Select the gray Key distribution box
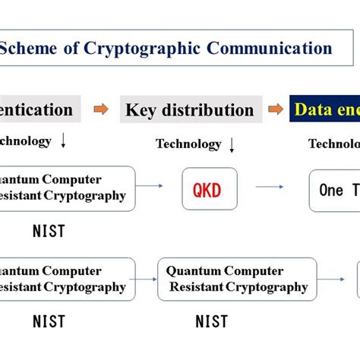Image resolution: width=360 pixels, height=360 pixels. click(x=190, y=110)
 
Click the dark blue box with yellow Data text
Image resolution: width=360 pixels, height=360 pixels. click(x=324, y=110)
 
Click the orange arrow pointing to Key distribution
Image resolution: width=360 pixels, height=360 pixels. click(x=101, y=110)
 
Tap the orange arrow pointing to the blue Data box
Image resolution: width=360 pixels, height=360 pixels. click(x=276, y=110)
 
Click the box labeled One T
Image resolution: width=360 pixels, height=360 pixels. click(x=334, y=190)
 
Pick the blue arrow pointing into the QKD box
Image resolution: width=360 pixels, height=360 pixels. click(x=155, y=186)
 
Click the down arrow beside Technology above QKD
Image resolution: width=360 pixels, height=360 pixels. click(x=232, y=144)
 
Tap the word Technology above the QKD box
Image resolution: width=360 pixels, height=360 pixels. click(x=188, y=144)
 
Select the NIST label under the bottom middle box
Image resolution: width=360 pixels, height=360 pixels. click(x=211, y=321)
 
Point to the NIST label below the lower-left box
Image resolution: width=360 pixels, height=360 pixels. click(x=49, y=321)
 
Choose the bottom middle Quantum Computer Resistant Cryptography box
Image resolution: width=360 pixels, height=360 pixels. click(x=238, y=279)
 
